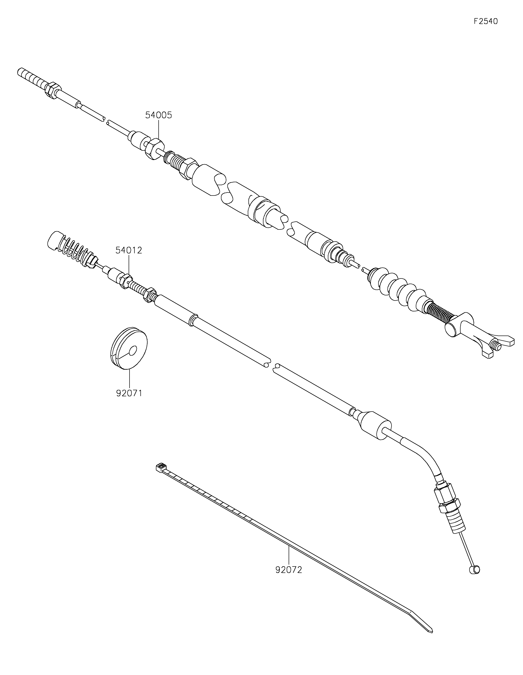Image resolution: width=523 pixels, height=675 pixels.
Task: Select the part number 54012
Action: click(x=129, y=250)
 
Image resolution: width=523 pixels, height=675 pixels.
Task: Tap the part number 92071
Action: click(x=129, y=394)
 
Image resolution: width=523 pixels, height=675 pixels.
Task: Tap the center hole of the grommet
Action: click(x=133, y=350)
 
